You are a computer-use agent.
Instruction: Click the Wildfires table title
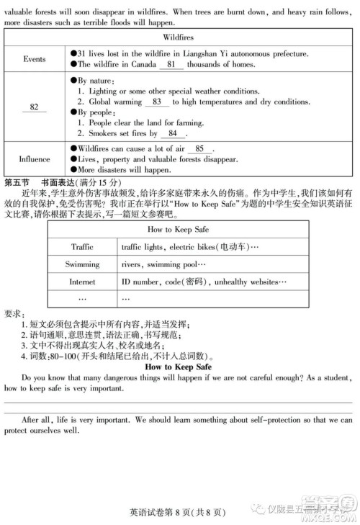tap(178, 35)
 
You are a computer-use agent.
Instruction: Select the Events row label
tap(34, 59)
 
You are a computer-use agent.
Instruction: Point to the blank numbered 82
tap(34, 107)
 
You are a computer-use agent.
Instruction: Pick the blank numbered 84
tap(172, 133)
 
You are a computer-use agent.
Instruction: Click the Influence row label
tap(34, 159)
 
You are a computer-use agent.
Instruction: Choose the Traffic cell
tap(82, 247)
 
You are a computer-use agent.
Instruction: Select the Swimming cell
tap(82, 264)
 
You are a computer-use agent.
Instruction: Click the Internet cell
tap(82, 282)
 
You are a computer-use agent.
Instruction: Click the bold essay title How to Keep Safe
tap(178, 367)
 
